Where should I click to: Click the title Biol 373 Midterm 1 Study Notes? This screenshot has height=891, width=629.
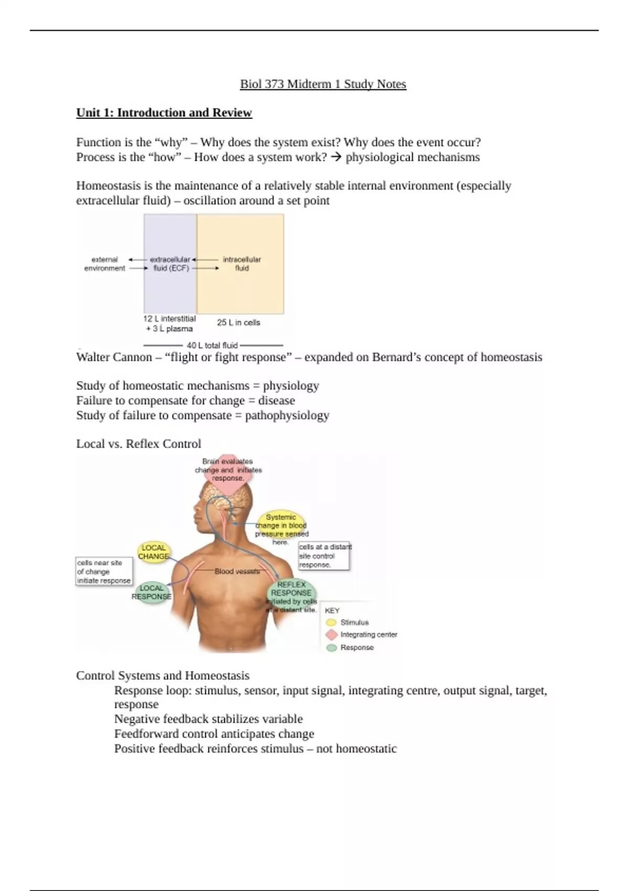click(323, 84)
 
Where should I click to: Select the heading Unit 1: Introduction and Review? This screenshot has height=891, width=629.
click(164, 113)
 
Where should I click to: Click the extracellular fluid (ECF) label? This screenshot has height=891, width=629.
click(170, 264)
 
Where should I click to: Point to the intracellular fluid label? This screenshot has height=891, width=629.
click(242, 264)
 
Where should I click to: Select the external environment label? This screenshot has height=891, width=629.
click(105, 264)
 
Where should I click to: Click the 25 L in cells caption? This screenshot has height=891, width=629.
click(238, 322)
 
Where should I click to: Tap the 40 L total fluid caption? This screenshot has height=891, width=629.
click(212, 345)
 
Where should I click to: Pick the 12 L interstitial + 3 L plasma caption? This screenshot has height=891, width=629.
click(169, 323)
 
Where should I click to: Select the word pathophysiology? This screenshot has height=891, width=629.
click(287, 416)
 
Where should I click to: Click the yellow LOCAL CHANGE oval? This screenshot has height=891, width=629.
click(154, 552)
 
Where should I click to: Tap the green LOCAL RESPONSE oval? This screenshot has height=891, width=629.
click(151, 592)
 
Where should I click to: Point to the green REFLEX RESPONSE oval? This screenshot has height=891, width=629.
click(291, 593)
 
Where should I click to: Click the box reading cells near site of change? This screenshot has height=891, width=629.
click(104, 571)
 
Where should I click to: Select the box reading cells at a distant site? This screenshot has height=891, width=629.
click(323, 556)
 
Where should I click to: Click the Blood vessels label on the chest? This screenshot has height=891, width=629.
click(237, 571)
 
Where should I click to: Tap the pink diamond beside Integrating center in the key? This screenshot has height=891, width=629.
click(331, 635)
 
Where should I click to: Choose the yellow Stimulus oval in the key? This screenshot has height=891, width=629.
click(331, 623)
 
